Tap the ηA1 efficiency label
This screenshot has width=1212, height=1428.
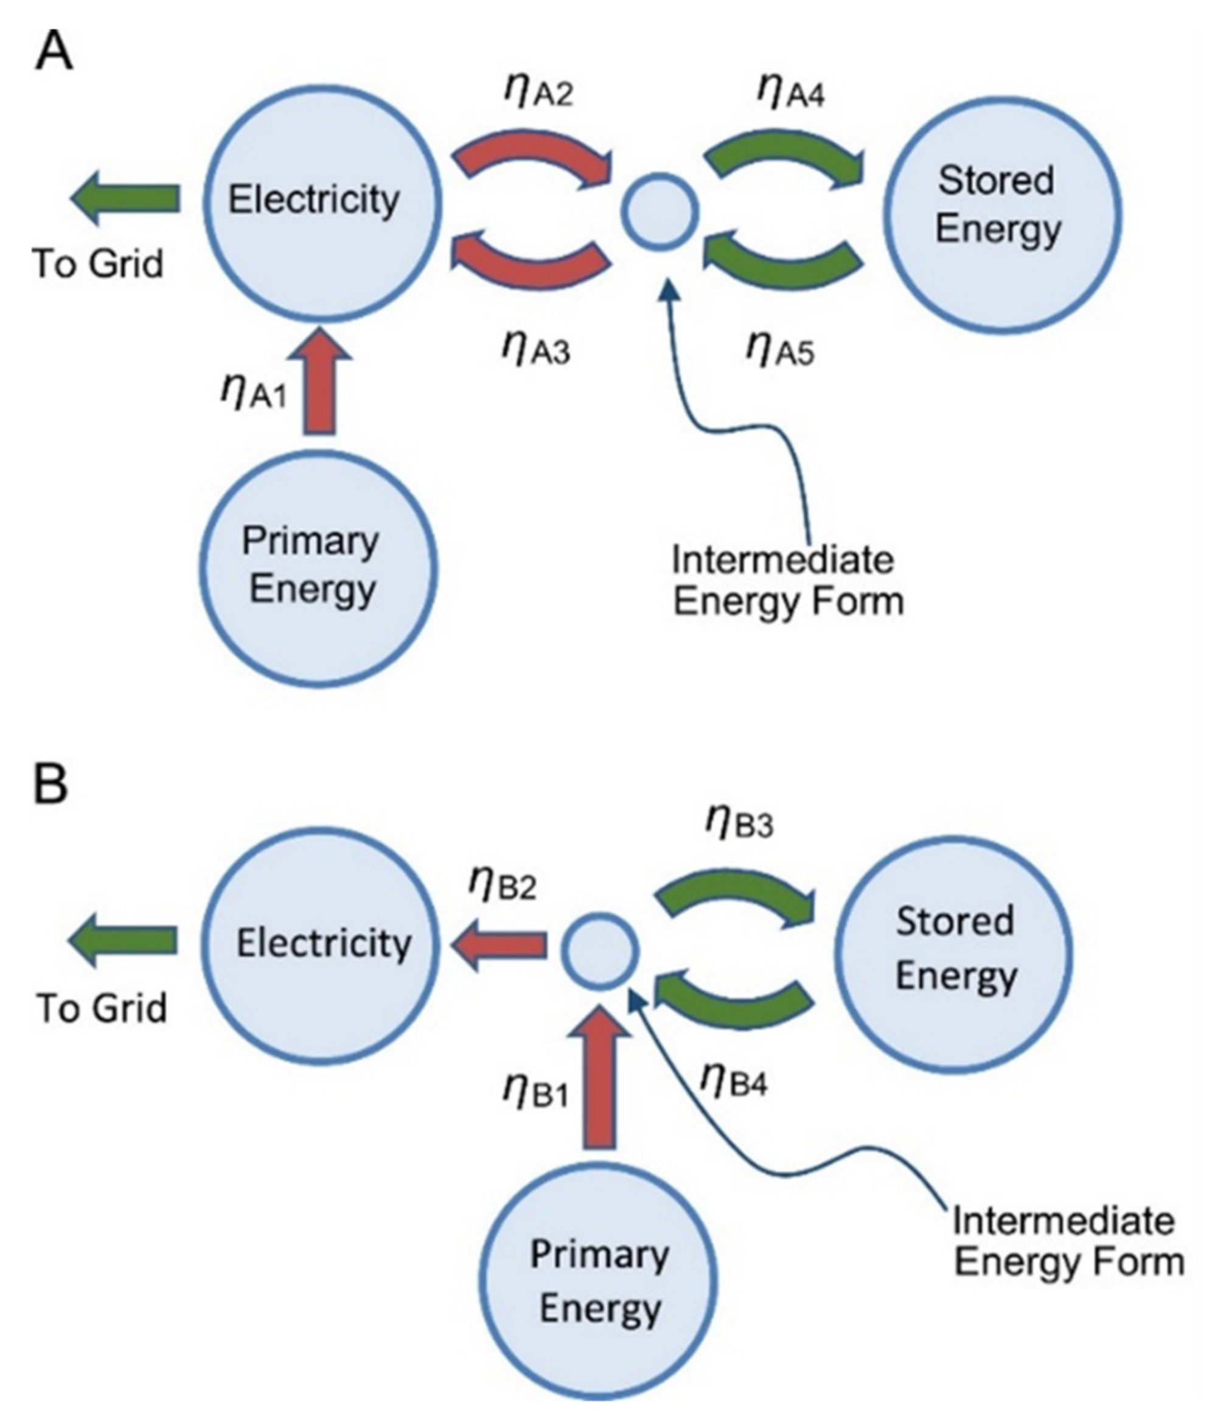[x=254, y=392]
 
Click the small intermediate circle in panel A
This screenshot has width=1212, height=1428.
[x=660, y=211]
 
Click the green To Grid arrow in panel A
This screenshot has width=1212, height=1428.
[x=127, y=198]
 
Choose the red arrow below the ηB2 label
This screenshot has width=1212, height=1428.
[x=500, y=945]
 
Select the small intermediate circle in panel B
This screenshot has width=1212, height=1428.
[x=600, y=951]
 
